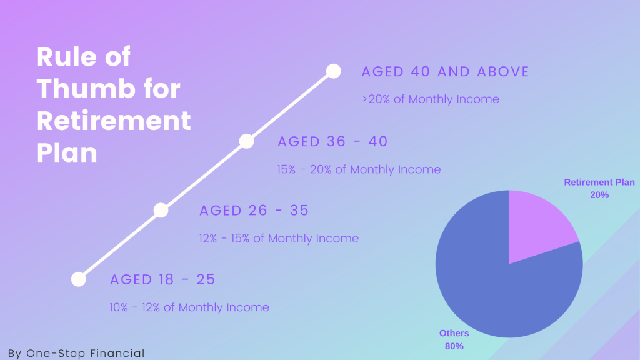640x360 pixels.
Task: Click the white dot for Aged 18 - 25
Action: [78, 279]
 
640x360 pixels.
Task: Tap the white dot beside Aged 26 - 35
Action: [161, 210]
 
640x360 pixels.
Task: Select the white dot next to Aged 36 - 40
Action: [246, 141]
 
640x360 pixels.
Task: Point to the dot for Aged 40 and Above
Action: [334, 71]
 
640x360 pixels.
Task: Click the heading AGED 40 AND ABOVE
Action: [445, 72]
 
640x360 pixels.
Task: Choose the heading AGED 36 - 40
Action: [332, 142]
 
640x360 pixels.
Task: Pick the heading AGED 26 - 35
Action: [254, 211]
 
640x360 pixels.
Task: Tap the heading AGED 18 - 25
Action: [162, 279]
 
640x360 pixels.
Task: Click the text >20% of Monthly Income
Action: [431, 99]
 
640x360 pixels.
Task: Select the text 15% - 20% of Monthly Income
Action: [359, 169]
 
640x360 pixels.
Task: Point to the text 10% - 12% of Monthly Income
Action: [189, 307]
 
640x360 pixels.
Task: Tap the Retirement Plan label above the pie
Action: [599, 182]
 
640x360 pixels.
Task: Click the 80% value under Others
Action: [454, 346]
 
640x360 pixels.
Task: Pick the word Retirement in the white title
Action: [114, 121]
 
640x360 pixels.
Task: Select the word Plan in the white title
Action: [67, 153]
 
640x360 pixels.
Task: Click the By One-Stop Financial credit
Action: [76, 353]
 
